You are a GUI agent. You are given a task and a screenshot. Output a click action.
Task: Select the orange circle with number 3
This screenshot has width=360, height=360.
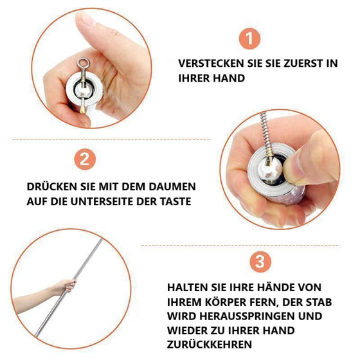click(258, 262)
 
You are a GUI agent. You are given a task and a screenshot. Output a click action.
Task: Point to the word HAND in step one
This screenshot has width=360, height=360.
click(228, 78)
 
